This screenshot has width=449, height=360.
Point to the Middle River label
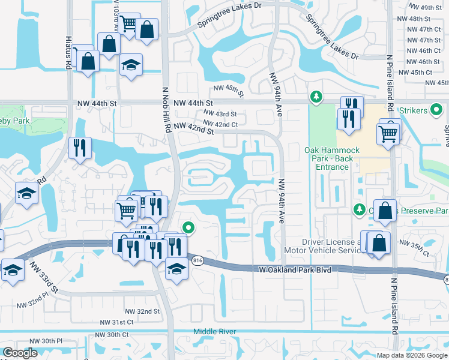[x=214, y=332]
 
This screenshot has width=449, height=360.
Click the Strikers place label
[x=428, y=110]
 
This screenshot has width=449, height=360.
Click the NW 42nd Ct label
[x=221, y=124]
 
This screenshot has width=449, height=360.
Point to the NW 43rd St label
[x=220, y=113]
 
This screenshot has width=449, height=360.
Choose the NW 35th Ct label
[x=416, y=251]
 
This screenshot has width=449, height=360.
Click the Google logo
[x=20, y=353]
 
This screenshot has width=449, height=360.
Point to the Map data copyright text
[x=412, y=355]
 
